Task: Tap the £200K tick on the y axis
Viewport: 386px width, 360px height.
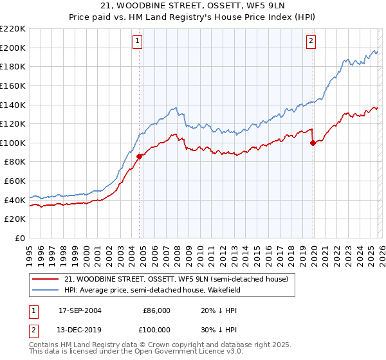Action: [13, 48]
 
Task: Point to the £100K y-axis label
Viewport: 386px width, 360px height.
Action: [13, 143]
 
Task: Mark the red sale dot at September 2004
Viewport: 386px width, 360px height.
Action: [140, 156]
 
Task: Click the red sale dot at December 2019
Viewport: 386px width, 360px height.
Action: [313, 143]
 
